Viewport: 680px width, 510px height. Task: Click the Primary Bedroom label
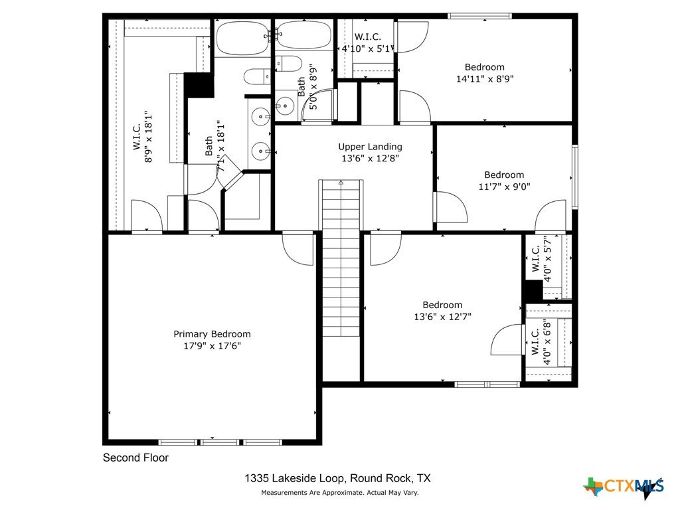click(x=212, y=334)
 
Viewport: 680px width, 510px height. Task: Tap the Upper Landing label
click(x=370, y=147)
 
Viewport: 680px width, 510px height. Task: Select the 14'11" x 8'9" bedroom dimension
click(x=485, y=79)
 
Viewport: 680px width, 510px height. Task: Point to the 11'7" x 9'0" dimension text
click(x=505, y=187)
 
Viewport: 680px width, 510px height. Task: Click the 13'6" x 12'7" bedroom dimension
click(x=442, y=317)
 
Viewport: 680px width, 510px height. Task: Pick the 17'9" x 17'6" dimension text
click(x=212, y=346)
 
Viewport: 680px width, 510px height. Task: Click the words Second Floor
click(x=135, y=458)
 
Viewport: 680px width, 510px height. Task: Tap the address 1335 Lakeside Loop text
click(x=295, y=478)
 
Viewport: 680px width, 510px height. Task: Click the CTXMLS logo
click(x=624, y=487)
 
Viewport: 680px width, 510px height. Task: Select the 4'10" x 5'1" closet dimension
click(x=368, y=48)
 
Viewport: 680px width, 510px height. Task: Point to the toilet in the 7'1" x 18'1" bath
click(x=258, y=77)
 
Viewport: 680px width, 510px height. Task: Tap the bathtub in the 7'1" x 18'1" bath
click(x=243, y=38)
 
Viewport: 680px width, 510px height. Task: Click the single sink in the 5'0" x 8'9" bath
click(x=286, y=105)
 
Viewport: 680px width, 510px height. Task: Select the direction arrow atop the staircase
click(x=341, y=183)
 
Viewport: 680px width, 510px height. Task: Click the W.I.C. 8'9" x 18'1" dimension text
click(x=149, y=137)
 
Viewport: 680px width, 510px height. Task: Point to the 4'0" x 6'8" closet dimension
click(x=547, y=343)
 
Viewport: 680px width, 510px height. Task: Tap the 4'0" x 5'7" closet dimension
click(x=547, y=259)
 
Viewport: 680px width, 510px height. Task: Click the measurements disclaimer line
click(x=339, y=493)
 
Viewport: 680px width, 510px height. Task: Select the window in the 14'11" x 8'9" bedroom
click(x=479, y=16)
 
